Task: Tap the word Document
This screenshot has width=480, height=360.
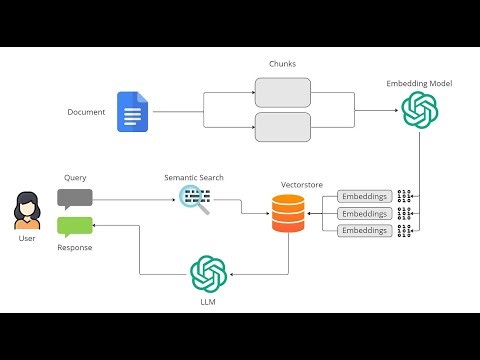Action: (87, 112)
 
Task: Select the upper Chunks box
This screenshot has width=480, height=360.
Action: (283, 93)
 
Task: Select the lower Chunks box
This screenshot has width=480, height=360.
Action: (283, 127)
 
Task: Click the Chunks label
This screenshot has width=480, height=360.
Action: (283, 63)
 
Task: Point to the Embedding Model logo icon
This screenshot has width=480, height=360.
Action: (419, 109)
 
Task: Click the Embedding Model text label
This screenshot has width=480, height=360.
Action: (419, 83)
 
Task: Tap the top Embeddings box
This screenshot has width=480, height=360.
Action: (364, 196)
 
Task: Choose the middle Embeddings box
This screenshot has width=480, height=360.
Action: (364, 213)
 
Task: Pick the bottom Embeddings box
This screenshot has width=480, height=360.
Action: (364, 231)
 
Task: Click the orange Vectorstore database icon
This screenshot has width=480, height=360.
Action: (288, 212)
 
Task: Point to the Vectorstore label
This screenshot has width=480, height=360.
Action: (288, 185)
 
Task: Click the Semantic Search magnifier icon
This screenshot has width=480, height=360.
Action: (194, 199)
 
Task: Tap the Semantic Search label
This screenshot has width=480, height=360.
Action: (194, 177)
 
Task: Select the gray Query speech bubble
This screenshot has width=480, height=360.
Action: (75, 197)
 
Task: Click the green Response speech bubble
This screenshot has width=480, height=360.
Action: (75, 226)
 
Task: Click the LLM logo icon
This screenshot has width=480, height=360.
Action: (208, 273)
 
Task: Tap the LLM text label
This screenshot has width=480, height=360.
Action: (208, 301)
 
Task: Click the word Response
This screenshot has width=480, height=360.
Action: (75, 247)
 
